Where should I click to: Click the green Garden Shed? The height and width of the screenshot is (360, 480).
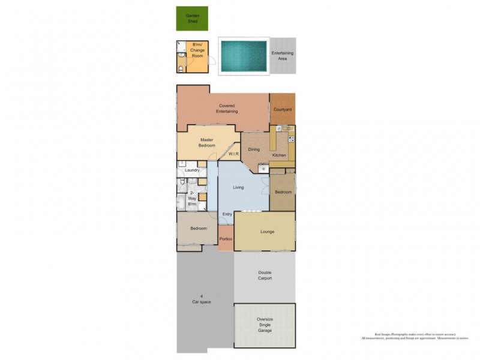[192, 19]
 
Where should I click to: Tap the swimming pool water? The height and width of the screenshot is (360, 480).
[243, 57]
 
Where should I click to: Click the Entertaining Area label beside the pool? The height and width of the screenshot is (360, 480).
[282, 56]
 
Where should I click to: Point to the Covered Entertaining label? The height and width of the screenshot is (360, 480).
[227, 109]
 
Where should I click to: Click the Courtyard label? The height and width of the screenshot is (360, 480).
[282, 109]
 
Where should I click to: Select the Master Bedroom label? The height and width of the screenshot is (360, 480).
[206, 143]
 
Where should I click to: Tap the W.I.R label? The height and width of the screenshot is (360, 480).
[234, 154]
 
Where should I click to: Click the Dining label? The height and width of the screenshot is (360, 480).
[254, 149]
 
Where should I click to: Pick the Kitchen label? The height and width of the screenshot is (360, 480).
[279, 155]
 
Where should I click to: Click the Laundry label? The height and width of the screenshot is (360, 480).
[192, 170]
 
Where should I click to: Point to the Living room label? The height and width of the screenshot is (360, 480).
[238, 188]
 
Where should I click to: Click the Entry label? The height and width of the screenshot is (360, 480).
[227, 214]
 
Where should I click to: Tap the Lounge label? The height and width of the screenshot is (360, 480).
[267, 231]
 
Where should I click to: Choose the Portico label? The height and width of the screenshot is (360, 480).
[226, 239]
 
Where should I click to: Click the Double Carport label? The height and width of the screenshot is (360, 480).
[265, 275]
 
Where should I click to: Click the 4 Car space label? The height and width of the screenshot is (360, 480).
[201, 299]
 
